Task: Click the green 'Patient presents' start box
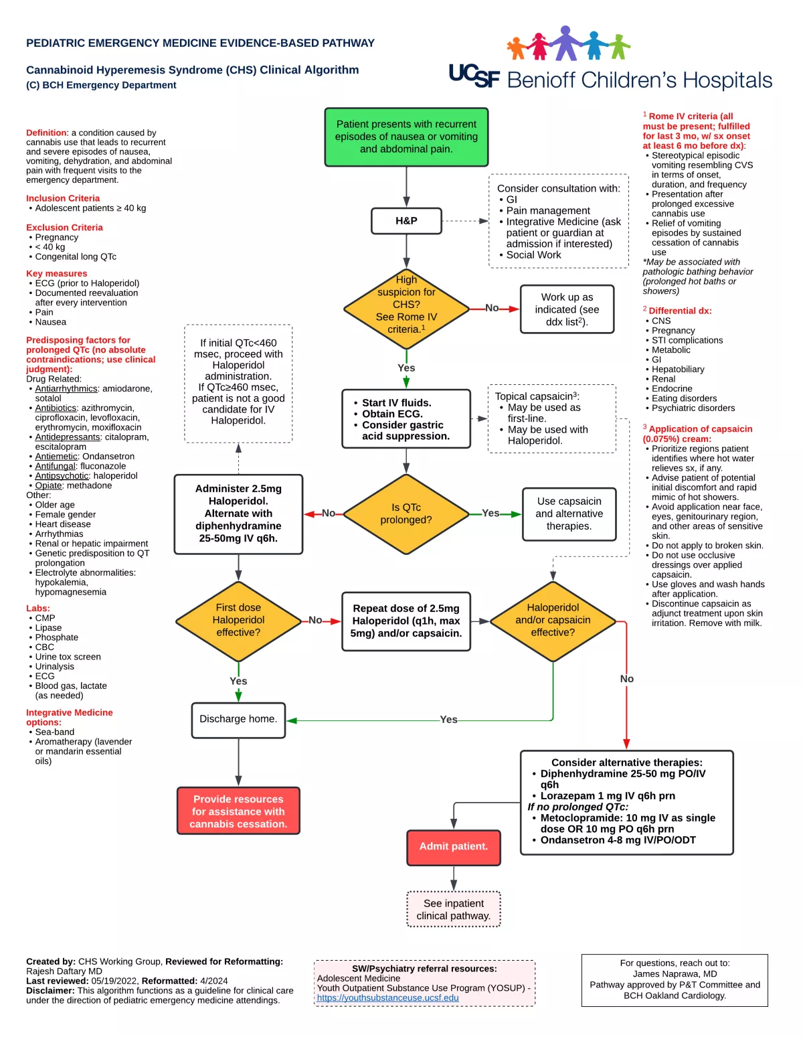(x=406, y=137)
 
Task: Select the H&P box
(x=406, y=220)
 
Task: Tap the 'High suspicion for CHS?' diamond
(x=406, y=309)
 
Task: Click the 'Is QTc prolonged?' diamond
(x=406, y=513)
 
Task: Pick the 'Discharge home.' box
(x=238, y=719)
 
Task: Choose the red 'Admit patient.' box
(x=453, y=847)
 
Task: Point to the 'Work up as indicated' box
(x=567, y=309)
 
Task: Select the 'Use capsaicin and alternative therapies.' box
(x=569, y=513)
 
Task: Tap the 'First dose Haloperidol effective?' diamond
(x=238, y=621)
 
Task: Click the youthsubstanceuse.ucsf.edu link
(x=387, y=998)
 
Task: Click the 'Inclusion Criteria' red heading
(x=63, y=198)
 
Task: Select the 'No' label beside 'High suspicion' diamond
(x=492, y=308)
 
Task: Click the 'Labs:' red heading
(x=38, y=608)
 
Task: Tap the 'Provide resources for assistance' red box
(x=238, y=811)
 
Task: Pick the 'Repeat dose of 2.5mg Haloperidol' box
(x=406, y=621)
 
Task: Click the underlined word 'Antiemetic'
(x=56, y=456)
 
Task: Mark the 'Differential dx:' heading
(x=679, y=311)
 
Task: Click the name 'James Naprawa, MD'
(x=675, y=973)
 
